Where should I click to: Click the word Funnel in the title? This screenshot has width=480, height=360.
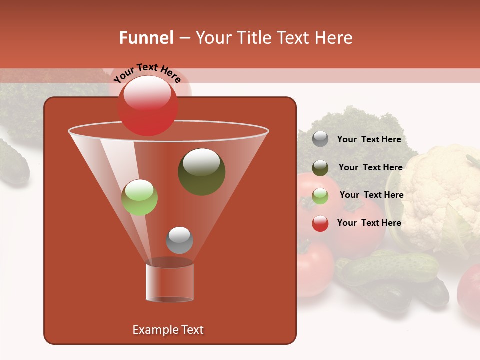146,38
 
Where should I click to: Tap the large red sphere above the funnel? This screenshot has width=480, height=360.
148,105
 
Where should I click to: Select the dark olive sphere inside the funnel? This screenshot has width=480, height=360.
201,171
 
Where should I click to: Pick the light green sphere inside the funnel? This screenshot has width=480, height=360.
140,197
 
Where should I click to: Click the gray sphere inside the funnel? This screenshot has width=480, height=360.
179,240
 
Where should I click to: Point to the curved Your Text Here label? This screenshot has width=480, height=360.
147,72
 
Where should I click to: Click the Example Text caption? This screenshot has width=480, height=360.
168,330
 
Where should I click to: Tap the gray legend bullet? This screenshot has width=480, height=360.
320,139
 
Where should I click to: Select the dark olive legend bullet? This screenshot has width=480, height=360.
320,168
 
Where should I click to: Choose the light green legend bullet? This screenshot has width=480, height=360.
320,195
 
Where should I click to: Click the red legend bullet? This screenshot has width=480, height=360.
320,223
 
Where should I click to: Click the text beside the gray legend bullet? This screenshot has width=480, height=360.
369,140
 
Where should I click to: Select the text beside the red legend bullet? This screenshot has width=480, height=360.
369,223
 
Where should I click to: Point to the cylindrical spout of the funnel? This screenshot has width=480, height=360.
170,282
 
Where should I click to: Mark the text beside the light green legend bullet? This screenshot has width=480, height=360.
371,195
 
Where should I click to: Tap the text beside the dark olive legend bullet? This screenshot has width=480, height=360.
370,167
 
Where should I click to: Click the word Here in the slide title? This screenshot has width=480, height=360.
334,38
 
